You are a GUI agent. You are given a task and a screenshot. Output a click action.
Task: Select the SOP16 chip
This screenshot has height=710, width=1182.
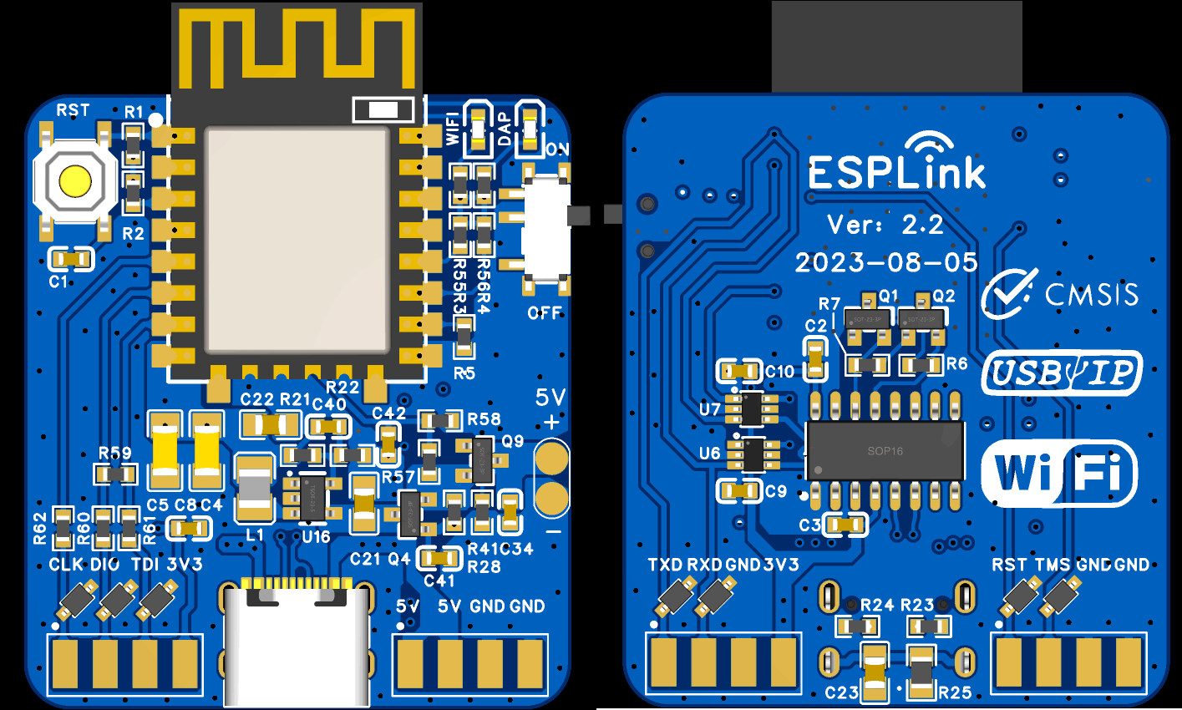pyautogui.click(x=885, y=451)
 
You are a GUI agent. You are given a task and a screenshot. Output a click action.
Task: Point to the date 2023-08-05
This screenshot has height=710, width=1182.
pyautogui.click(x=885, y=263)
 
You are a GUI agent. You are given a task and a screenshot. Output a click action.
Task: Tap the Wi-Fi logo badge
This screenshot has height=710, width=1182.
pyautogui.click(x=1058, y=474)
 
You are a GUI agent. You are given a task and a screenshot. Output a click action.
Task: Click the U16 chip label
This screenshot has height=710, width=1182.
pyautogui.click(x=316, y=537)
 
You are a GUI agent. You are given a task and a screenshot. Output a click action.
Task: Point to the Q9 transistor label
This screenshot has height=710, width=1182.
pyautogui.click(x=513, y=441)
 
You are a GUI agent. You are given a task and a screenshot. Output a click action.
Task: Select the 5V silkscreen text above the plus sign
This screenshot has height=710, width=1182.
pyautogui.click(x=550, y=397)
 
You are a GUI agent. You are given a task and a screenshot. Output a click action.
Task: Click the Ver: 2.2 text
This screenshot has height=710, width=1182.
pyautogui.click(x=885, y=225)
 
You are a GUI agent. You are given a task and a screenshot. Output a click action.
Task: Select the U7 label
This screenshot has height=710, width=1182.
pyautogui.click(x=709, y=409)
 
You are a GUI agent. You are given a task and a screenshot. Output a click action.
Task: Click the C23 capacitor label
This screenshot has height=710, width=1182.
pyautogui.click(x=841, y=692)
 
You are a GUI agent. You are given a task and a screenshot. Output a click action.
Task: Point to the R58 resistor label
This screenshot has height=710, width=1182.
pyautogui.click(x=484, y=419)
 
